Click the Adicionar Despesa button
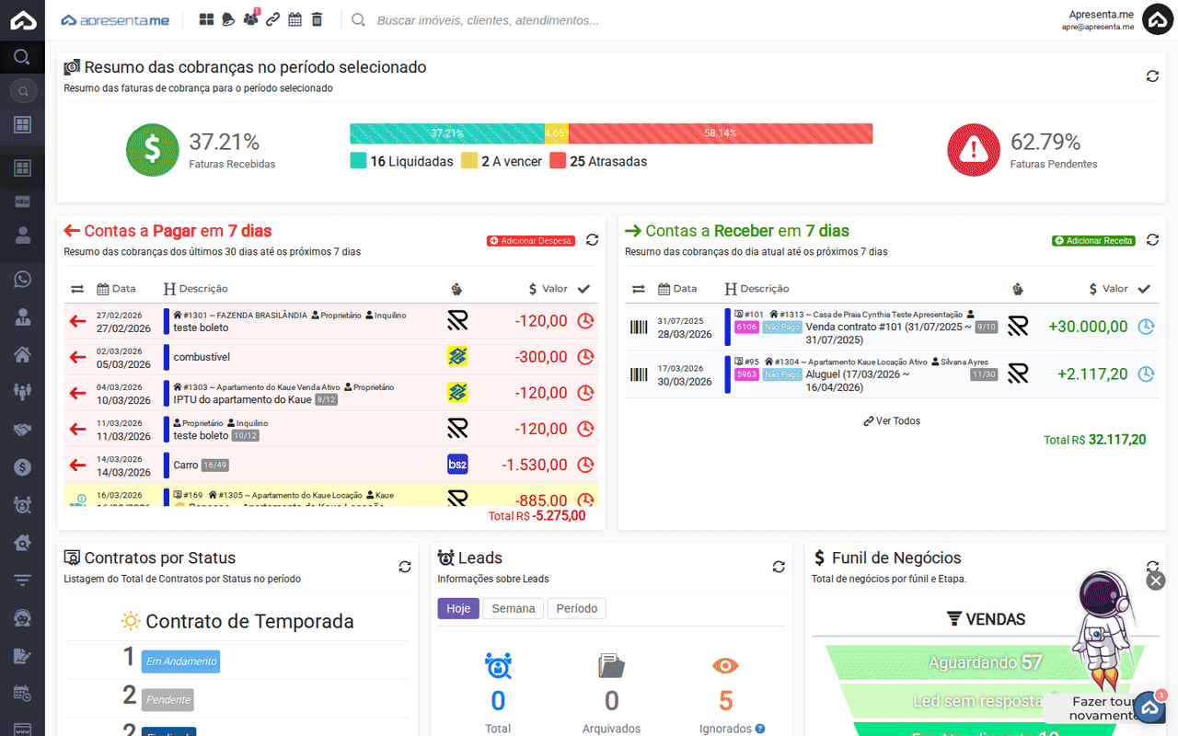tap(531, 241)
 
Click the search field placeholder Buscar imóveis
tap(488, 20)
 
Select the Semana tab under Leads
tap(514, 608)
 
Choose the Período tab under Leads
tap(577, 608)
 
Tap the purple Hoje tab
tap(458, 608)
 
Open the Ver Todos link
tap(892, 421)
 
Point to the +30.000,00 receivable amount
tap(1088, 327)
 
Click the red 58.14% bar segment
tap(720, 133)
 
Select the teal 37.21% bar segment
tap(447, 133)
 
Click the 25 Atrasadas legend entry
tap(598, 162)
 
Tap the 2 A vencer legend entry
tap(502, 162)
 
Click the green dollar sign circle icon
tap(152, 150)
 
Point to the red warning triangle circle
tap(974, 150)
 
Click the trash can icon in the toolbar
tap(317, 19)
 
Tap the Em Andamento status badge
tap(181, 661)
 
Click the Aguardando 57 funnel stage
tap(985, 662)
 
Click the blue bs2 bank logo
tap(457, 465)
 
